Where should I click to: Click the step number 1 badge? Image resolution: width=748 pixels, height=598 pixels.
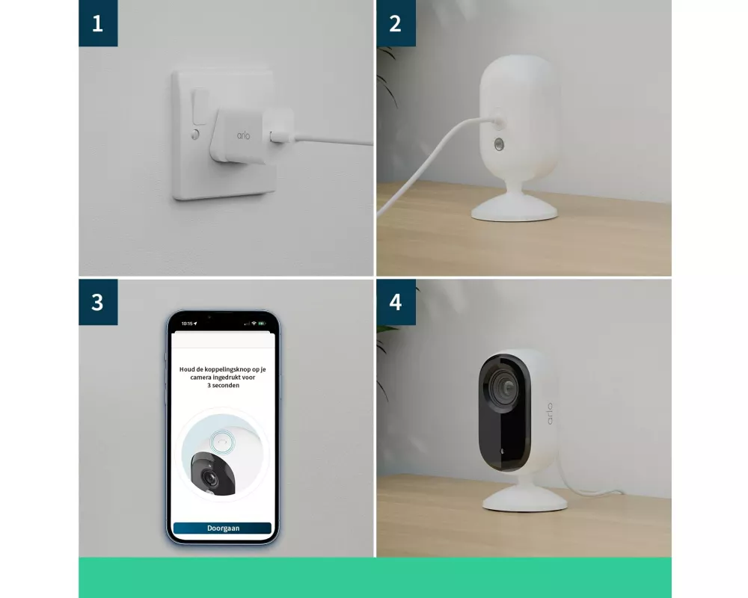pos(98,23)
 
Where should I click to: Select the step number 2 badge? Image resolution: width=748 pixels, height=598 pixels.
pos(396,23)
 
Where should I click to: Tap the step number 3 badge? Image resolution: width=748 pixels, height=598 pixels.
pos(98,302)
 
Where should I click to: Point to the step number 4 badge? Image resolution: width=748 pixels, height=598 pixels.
pos(396,302)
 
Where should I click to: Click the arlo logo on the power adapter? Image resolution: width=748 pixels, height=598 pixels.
pos(243,135)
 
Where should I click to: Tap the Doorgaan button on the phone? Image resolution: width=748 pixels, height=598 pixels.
pos(222,528)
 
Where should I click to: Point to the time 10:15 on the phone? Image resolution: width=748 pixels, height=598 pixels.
pos(186,324)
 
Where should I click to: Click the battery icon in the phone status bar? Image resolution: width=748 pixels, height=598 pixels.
pos(261,324)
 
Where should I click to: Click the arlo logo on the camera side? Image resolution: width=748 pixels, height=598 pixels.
pos(550,413)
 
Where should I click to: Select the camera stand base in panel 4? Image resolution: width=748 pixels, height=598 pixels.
pos(524,499)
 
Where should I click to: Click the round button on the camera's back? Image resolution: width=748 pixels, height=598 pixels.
pos(499,144)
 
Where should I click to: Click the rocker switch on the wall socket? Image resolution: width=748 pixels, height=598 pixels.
pos(200,106)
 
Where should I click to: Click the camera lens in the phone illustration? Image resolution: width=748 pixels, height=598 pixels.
pos(209,477)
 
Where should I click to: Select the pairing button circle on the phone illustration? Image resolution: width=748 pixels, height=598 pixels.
pos(222,442)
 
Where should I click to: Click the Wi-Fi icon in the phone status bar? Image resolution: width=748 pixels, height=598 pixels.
pos(254,324)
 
